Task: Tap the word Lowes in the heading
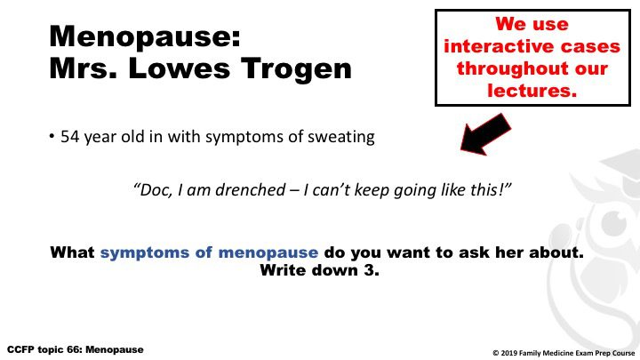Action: click(x=180, y=68)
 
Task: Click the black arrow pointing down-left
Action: click(x=485, y=134)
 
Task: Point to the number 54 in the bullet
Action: click(x=70, y=137)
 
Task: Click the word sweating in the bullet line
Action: click(x=341, y=138)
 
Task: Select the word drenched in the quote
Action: click(x=251, y=190)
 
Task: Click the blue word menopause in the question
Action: click(x=268, y=252)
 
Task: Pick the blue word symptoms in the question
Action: click(x=145, y=252)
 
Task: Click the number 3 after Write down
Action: click(x=370, y=270)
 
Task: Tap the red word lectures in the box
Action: click(x=532, y=90)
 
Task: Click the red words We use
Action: click(x=532, y=24)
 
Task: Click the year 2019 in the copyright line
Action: click(x=508, y=353)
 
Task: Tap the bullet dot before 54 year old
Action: click(x=52, y=136)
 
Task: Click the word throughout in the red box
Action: click(x=510, y=68)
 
